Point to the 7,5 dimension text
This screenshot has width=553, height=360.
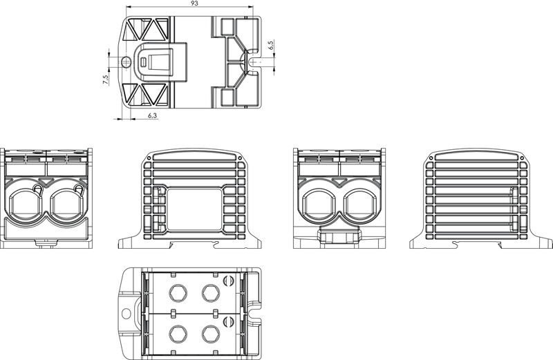point(106,79)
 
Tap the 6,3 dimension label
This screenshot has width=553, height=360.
point(152,115)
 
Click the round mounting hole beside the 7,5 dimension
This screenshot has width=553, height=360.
point(126,62)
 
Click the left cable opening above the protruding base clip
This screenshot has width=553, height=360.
point(319,205)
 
